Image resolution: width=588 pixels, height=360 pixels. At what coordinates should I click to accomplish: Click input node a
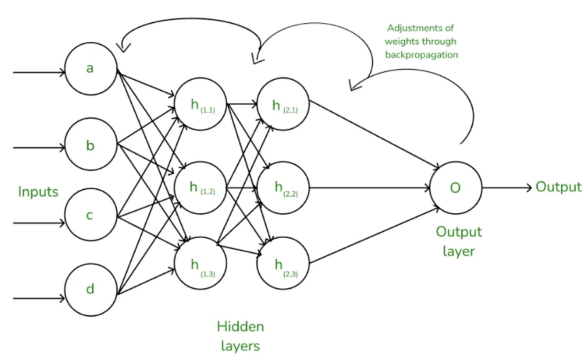tap(90, 69)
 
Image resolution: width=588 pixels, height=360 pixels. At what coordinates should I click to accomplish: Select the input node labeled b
tap(90, 146)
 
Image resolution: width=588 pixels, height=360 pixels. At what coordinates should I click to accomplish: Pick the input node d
tap(90, 289)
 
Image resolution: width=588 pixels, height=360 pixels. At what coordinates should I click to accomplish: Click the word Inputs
tap(39, 192)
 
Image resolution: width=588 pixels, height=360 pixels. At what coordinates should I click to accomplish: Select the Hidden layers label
tap(240, 336)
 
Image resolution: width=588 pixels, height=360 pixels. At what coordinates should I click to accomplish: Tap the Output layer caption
tap(458, 241)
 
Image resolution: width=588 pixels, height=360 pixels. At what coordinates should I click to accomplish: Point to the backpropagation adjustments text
tap(423, 41)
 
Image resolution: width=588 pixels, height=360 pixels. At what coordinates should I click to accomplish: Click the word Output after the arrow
tap(558, 187)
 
